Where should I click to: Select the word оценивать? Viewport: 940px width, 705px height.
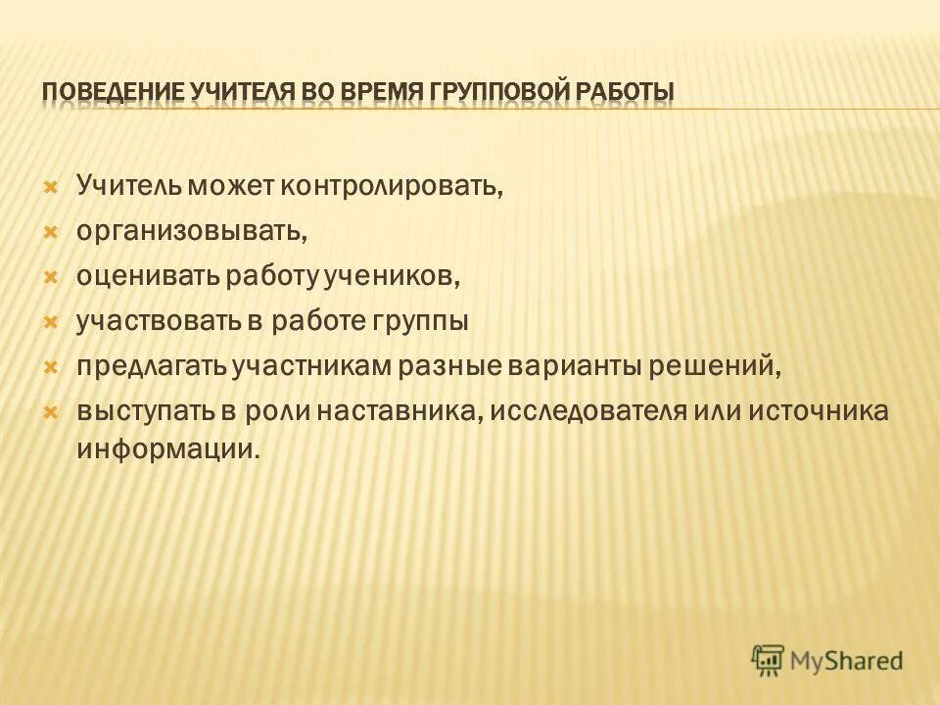point(149,276)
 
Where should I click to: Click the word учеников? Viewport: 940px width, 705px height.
point(402,276)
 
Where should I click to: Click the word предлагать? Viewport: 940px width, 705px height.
point(152,366)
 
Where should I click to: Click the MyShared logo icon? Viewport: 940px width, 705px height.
point(769,661)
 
